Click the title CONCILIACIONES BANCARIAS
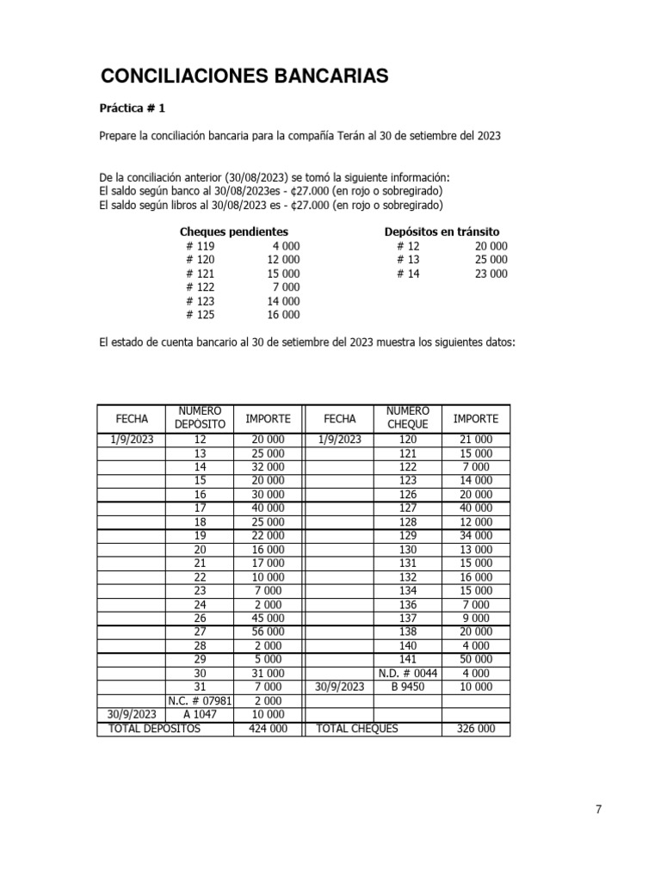pos(244,77)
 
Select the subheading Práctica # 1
pos(133,108)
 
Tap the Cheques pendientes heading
pos(233,231)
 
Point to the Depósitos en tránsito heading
pos(442,231)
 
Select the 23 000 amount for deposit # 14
pos(491,274)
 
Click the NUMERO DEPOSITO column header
pos(201,418)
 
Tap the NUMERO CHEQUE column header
pos(407,418)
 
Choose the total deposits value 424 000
pos(268,729)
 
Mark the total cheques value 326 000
pos(475,729)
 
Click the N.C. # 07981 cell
pos(201,700)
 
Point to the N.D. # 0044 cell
pos(407,673)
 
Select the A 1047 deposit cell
pos(201,714)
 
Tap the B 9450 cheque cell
pos(407,687)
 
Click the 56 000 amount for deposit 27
pos(268,631)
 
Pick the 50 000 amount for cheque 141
pos(475,659)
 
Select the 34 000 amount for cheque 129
pos(475,535)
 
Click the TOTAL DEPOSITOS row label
pos(154,729)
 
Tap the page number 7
pos(598,809)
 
